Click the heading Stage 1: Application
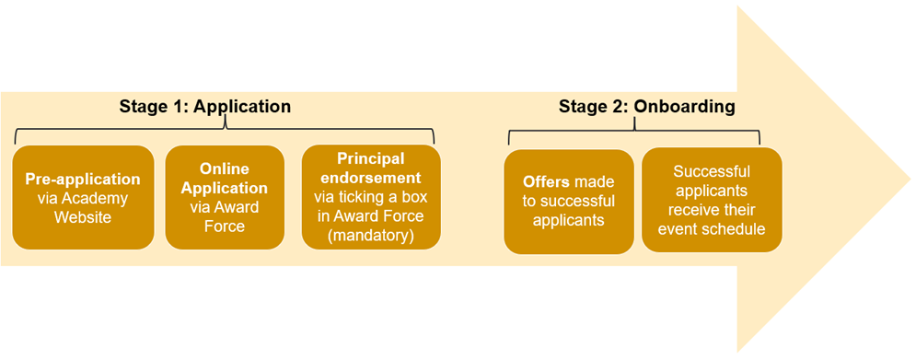(204, 107)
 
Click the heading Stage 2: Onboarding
(646, 107)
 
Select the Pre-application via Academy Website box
(83, 197)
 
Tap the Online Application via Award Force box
(225, 197)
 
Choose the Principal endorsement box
(371, 197)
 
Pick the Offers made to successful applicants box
(568, 201)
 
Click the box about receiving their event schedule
(712, 200)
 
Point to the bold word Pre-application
(83, 179)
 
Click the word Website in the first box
(83, 217)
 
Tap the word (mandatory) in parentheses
(371, 236)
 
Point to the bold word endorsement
(371, 178)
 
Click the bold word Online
(225, 168)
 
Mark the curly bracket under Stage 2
(634, 134)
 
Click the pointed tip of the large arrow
(906, 177)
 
